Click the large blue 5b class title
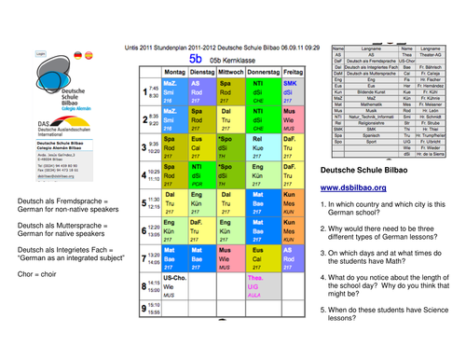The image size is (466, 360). (x=197, y=58)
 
